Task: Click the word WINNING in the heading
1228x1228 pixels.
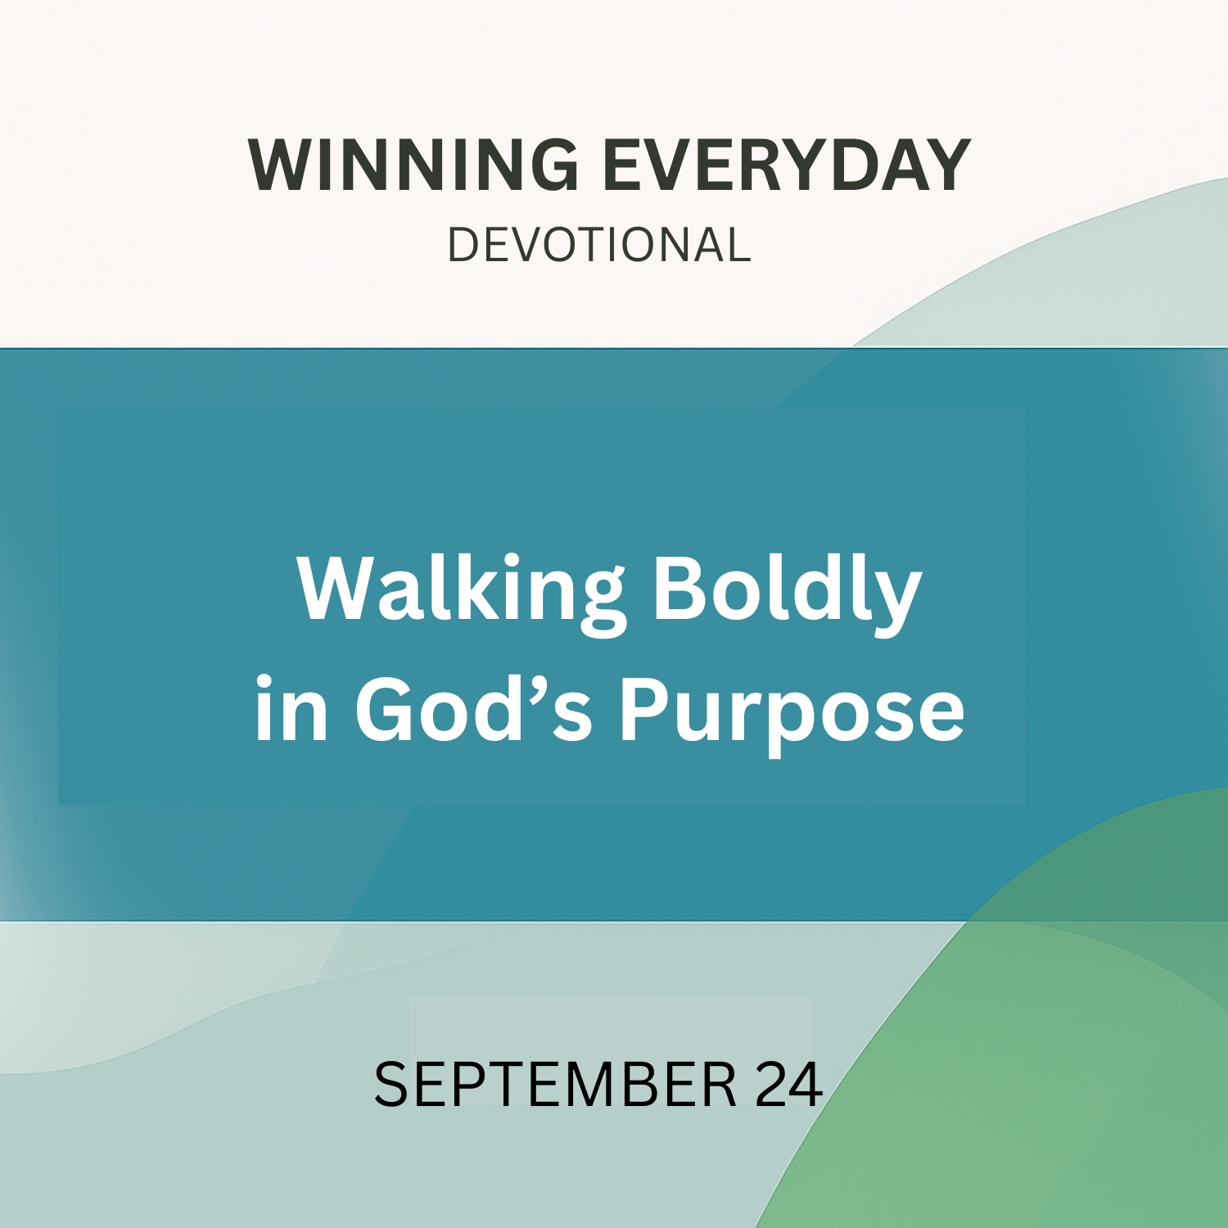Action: point(413,165)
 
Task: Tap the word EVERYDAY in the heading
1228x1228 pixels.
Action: point(787,165)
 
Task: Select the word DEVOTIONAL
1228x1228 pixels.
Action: point(599,245)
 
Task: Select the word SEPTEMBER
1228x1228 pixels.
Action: point(555,1085)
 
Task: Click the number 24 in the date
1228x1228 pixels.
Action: point(789,1085)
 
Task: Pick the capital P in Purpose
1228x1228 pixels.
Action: point(644,709)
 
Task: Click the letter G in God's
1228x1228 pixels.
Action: point(384,709)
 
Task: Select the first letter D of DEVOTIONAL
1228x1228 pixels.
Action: point(463,245)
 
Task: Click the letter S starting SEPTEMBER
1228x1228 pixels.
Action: point(391,1085)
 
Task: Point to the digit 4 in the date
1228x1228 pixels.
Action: point(807,1085)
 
